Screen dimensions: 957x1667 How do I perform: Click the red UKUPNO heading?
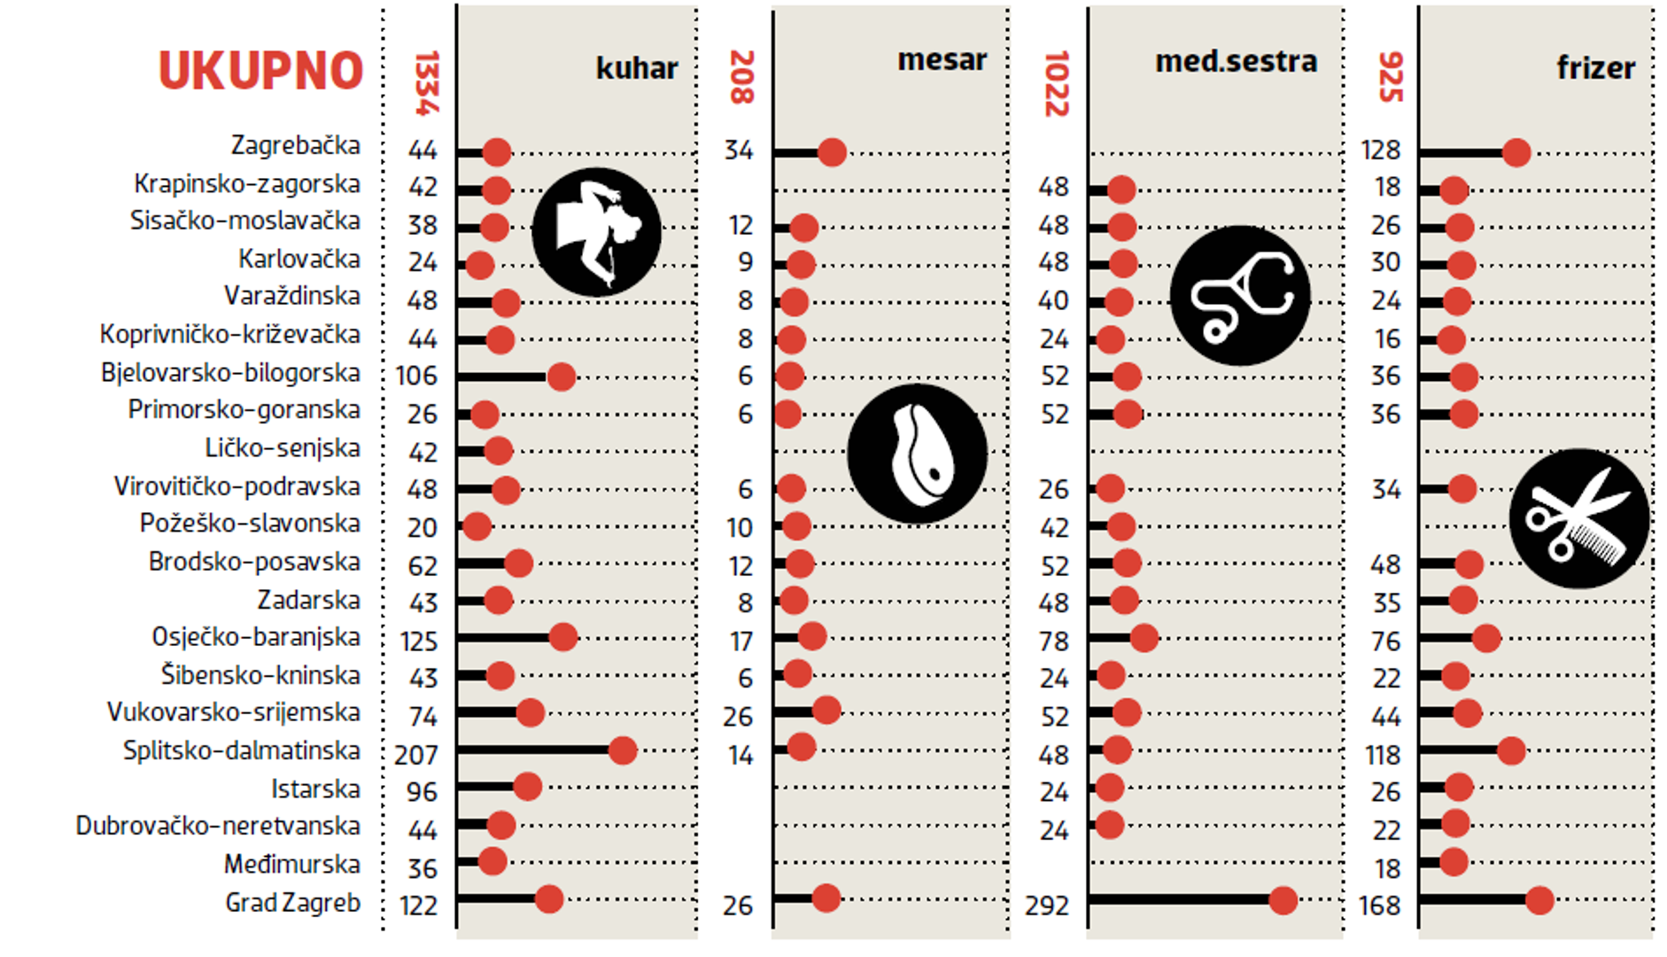[x=260, y=71]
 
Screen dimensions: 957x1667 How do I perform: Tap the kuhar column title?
[x=636, y=68]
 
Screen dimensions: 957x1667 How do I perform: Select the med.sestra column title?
[x=1236, y=61]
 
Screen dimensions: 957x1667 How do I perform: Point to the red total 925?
[x=1390, y=77]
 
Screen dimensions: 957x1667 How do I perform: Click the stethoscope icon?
[x=1240, y=295]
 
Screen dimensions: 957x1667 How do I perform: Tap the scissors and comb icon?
[x=1578, y=518]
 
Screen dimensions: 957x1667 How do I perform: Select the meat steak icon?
[x=917, y=454]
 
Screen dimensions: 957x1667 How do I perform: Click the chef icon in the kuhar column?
[x=596, y=232]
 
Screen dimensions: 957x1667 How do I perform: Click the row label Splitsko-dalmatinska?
[x=241, y=751]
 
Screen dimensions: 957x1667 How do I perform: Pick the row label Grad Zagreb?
[x=292, y=903]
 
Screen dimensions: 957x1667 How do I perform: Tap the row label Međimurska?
[x=291, y=864]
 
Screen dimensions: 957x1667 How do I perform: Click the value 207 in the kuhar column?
[x=416, y=755]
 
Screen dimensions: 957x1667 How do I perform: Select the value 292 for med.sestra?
[x=1047, y=906]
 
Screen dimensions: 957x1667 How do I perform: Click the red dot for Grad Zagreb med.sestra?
[x=1283, y=900]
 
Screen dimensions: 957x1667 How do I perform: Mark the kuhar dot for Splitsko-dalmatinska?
[x=623, y=751]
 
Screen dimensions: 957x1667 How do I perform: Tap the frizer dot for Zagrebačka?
[x=1516, y=152]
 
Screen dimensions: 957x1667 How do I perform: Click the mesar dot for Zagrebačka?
[x=832, y=152]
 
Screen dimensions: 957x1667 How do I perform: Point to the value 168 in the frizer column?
[x=1380, y=906]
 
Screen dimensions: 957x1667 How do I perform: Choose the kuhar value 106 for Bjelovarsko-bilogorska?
[x=416, y=376]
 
